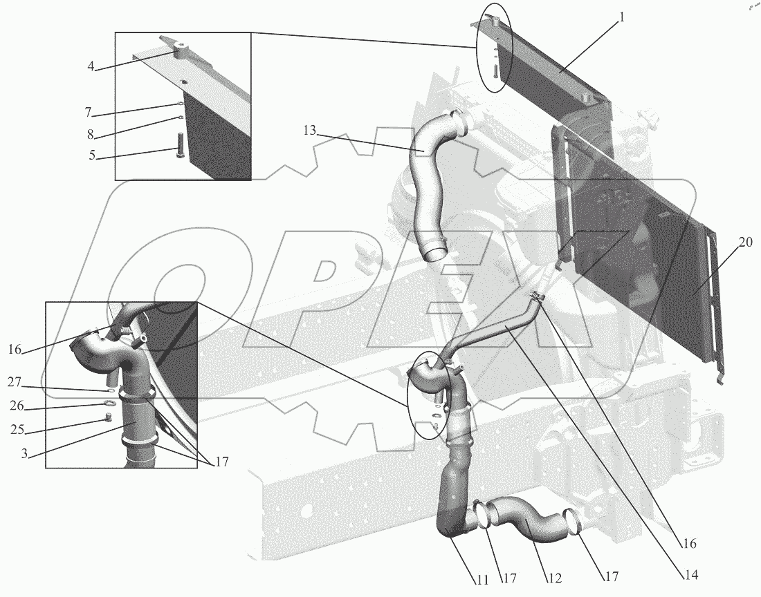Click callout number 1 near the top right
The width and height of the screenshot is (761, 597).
(x=622, y=19)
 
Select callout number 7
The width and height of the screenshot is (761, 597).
(x=88, y=113)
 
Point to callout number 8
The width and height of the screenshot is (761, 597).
(x=90, y=134)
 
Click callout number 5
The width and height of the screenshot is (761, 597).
(x=92, y=156)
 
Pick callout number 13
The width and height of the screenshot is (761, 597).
(x=310, y=131)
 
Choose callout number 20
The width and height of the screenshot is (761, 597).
(x=746, y=242)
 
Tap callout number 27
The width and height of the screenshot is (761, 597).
(x=15, y=383)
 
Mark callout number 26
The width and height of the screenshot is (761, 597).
(x=17, y=405)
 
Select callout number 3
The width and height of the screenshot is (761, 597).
(x=24, y=453)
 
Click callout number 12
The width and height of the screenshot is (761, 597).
(x=555, y=578)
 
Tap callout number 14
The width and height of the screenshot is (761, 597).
(x=691, y=575)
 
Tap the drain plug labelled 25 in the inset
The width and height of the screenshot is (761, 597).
(x=108, y=417)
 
